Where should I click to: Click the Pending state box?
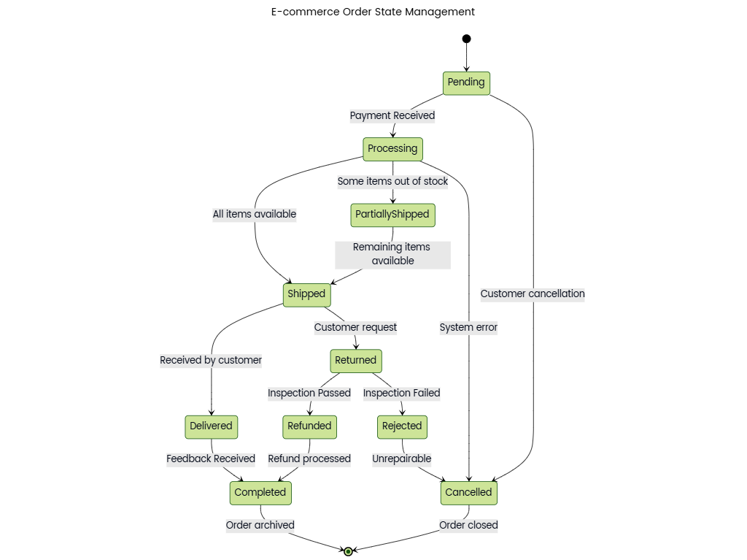[466, 83]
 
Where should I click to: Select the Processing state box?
[392, 149]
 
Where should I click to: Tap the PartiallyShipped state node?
[392, 215]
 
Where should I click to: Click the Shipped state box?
[306, 294]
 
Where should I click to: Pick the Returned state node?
[355, 360]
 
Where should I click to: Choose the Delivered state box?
[211, 426]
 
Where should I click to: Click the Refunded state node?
[309, 426]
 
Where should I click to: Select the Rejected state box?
[402, 426]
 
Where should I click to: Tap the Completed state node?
[260, 493]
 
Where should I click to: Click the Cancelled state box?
[468, 493]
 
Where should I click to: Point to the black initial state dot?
[466, 39]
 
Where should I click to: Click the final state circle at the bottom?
[349, 551]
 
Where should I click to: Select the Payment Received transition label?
[392, 115]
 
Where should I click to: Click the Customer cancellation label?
[533, 294]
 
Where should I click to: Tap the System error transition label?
[468, 328]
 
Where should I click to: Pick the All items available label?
[255, 215]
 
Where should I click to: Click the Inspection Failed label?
[402, 394]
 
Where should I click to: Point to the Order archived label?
[260, 525]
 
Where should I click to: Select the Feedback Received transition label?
[211, 459]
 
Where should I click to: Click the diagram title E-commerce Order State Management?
[373, 12]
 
